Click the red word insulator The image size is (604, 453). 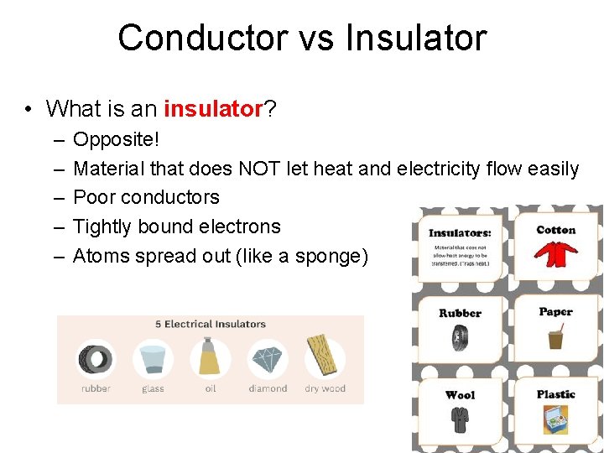tap(214, 109)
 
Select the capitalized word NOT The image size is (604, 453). tap(260, 169)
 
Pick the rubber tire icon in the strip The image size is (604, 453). tap(95, 359)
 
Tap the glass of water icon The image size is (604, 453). tap(153, 359)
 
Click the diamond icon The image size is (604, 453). tap(268, 359)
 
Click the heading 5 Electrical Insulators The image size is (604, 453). tap(211, 324)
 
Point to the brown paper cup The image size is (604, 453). tap(555, 338)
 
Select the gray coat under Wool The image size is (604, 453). tap(460, 417)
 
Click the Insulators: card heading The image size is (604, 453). tap(460, 232)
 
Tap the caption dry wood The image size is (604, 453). tap(325, 388)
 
